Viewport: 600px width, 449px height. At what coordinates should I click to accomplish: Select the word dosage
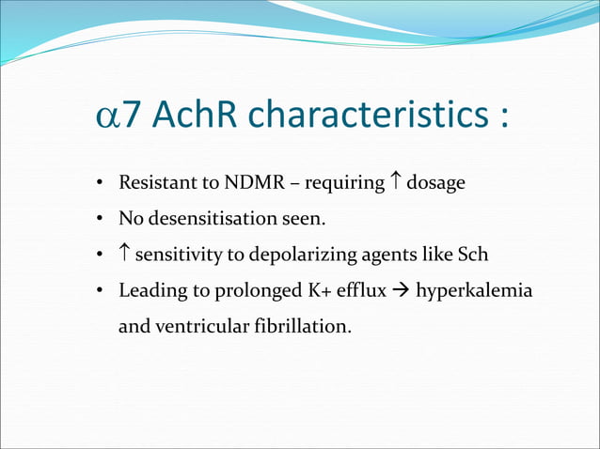tap(435, 183)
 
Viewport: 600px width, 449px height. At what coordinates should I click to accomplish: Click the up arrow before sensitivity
tap(124, 255)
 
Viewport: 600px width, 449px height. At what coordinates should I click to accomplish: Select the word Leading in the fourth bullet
tap(149, 291)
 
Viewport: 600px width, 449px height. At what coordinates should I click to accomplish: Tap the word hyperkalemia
tap(474, 291)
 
